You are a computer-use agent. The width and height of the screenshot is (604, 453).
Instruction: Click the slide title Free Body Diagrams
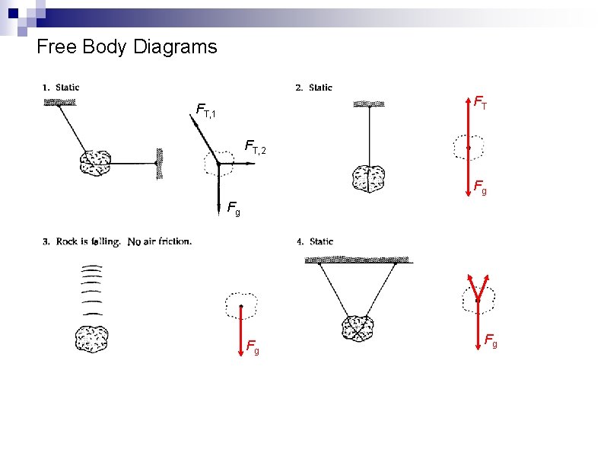[126, 47]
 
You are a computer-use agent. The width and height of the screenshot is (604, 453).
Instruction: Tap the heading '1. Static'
[61, 88]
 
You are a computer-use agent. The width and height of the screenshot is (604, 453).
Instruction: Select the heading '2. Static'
[313, 88]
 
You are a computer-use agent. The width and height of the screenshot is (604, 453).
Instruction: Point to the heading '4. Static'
[315, 241]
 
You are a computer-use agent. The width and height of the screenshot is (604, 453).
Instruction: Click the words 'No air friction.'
[160, 242]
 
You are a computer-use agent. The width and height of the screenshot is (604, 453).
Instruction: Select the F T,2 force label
[256, 146]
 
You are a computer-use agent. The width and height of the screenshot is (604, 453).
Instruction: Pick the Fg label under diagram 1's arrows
[234, 207]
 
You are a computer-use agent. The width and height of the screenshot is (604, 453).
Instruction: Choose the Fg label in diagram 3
[253, 347]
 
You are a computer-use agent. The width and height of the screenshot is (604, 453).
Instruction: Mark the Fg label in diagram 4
[491, 340]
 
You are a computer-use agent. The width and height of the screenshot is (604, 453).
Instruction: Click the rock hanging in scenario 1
[95, 162]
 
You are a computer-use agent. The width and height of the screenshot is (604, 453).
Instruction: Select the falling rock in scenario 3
[91, 338]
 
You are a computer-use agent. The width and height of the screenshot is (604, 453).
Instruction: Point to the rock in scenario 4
[358, 327]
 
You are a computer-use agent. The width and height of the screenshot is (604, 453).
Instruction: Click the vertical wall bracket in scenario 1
[159, 162]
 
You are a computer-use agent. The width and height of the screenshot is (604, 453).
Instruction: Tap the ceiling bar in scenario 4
[358, 260]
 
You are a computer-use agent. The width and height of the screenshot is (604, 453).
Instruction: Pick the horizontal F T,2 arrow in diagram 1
[237, 163]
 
